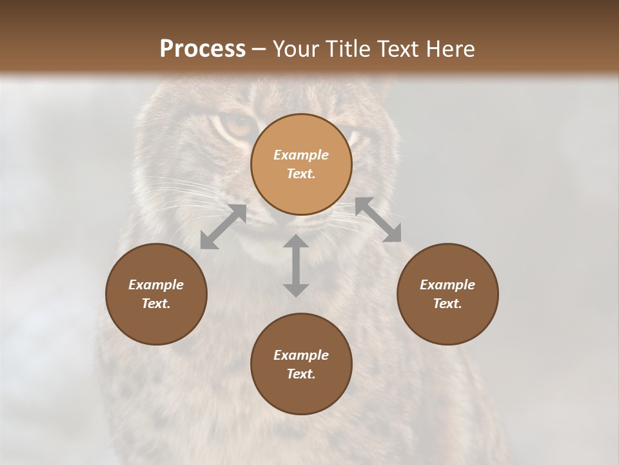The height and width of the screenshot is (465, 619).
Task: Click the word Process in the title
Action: [202, 49]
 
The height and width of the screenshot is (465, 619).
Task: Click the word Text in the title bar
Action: [399, 49]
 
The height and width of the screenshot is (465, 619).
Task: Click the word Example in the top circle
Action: [301, 155]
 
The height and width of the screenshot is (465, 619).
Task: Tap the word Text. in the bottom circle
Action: [301, 374]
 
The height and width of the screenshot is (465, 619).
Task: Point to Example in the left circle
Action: [156, 285]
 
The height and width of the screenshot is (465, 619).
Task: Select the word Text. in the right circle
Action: [447, 304]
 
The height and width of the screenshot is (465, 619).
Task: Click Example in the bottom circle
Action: [301, 355]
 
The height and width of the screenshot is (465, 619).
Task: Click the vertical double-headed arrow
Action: [296, 265]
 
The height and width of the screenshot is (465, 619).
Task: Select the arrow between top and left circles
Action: [223, 227]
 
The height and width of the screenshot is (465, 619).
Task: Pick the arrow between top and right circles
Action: [378, 220]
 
